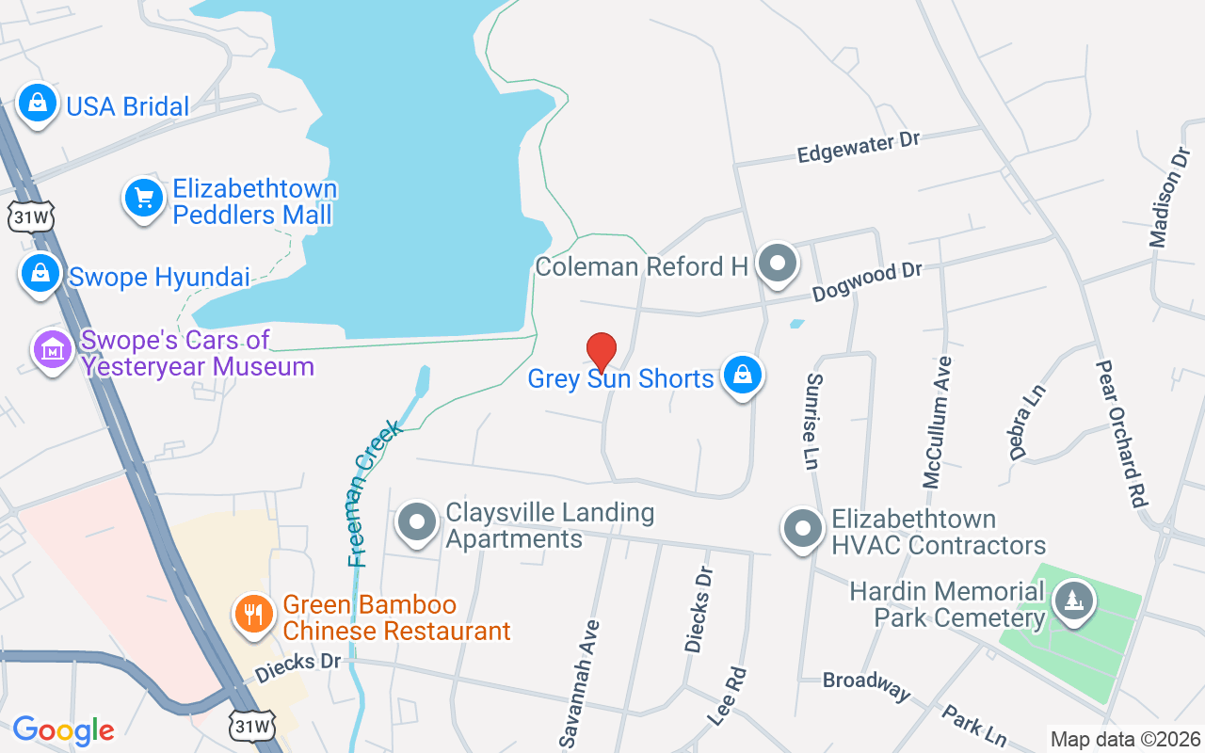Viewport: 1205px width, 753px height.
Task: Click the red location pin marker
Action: click(x=602, y=352)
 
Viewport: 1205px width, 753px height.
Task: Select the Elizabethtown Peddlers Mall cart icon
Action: click(x=144, y=199)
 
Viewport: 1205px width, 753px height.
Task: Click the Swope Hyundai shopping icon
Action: click(x=40, y=274)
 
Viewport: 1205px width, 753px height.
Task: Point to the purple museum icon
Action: click(x=53, y=350)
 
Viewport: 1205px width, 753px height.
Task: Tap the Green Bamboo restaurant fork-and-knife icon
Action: click(x=254, y=615)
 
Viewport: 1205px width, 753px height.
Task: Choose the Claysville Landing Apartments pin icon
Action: click(x=416, y=522)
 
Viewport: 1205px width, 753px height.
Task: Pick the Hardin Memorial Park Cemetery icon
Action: click(x=1071, y=600)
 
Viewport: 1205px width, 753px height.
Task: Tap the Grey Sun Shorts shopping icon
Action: click(x=742, y=376)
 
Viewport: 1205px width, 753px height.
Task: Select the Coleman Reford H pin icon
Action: click(x=778, y=264)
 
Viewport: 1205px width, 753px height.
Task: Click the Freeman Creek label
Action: click(x=375, y=493)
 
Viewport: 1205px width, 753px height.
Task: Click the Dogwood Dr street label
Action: click(x=867, y=280)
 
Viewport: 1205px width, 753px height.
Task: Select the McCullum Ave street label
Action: click(x=938, y=422)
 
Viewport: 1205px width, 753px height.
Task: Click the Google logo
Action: click(x=63, y=729)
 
